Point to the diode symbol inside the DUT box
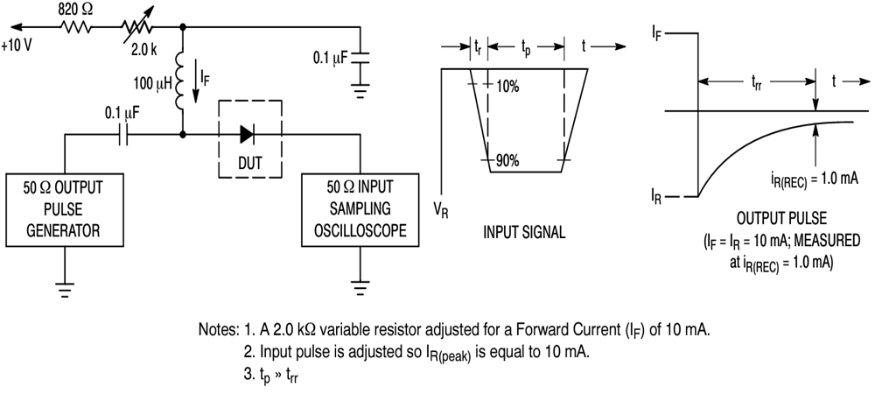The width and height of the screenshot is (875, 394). (x=248, y=135)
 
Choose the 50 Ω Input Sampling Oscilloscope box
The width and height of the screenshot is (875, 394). (x=358, y=208)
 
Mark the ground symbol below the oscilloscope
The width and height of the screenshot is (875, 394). (x=358, y=284)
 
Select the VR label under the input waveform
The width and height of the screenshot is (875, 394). (x=441, y=210)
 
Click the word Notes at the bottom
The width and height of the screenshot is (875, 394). (x=219, y=331)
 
